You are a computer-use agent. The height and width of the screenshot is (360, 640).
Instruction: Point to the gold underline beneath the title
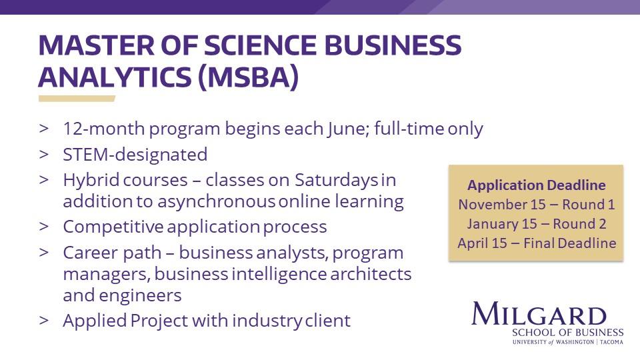coord(77,99)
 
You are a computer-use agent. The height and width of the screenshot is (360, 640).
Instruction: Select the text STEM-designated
coord(135,155)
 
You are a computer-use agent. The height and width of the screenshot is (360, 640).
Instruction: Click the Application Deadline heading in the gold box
coord(536,185)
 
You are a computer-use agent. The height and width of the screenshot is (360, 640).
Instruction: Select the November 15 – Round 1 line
coord(536,205)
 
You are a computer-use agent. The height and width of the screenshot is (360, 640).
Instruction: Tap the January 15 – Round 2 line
coord(536,224)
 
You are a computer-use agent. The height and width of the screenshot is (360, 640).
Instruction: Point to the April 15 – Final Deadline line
coord(536,243)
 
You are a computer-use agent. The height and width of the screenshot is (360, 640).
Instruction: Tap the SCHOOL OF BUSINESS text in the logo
coord(567,332)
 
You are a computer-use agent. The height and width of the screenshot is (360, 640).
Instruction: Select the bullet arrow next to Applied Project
coord(44,321)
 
